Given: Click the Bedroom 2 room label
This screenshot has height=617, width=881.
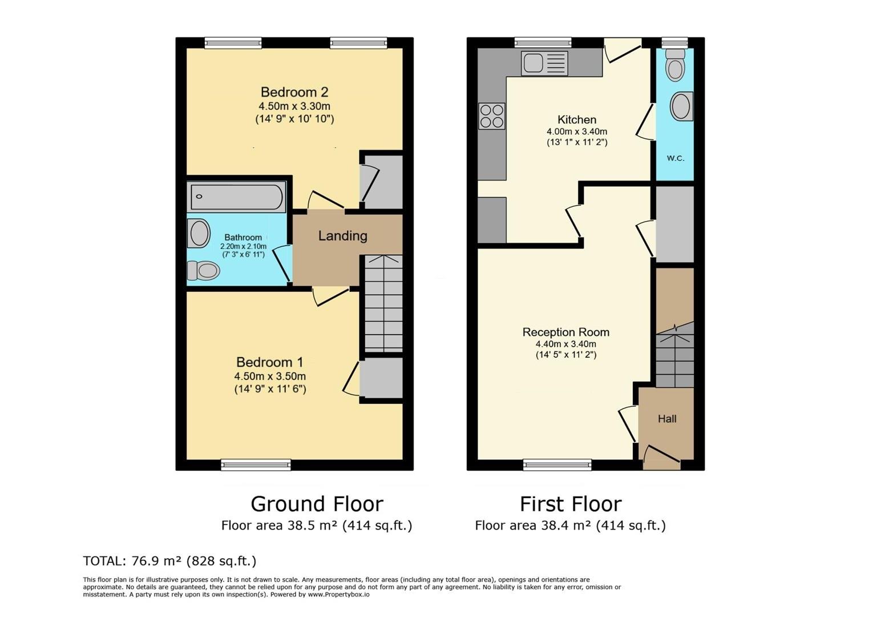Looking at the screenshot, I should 294,92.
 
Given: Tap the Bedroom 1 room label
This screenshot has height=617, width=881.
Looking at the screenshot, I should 270,362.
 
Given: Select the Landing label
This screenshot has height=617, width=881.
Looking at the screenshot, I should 342,236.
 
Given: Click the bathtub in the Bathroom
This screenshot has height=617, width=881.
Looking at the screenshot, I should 236,197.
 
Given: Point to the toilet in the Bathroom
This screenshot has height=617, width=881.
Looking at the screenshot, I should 204,270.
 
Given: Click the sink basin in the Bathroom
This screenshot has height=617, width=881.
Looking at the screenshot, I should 199,233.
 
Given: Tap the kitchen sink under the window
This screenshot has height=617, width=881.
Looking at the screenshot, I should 544,63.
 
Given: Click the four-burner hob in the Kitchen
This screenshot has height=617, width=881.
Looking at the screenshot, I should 492,116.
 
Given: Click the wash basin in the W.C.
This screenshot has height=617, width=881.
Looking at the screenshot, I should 681,106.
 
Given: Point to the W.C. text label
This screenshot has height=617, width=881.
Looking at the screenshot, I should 676,158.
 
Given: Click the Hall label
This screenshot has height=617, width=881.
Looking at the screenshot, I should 667,419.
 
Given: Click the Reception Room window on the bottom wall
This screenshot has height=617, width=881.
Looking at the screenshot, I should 557,464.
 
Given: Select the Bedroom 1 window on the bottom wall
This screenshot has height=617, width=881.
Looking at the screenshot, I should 256,464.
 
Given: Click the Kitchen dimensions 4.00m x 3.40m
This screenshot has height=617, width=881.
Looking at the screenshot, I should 577,131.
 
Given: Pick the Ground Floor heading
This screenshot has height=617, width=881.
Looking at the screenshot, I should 317,504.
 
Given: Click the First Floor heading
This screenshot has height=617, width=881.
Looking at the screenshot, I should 571,504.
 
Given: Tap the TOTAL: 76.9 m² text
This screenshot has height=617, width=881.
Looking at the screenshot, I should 169,561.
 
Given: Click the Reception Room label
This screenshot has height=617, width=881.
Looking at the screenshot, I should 565,332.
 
